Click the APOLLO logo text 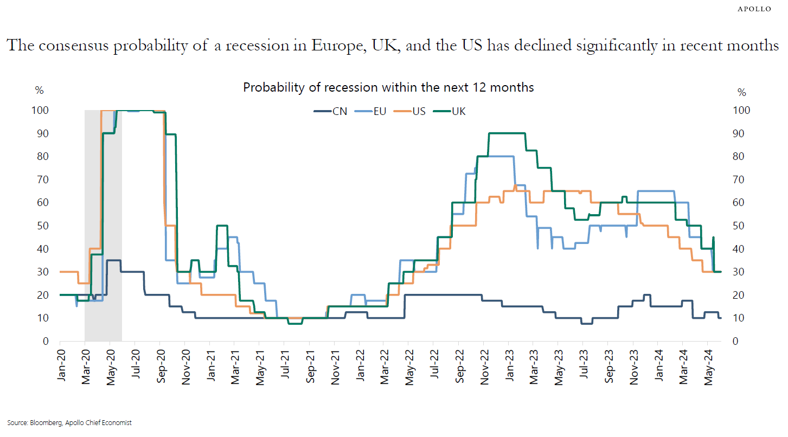[755, 9]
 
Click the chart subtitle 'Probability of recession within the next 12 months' [388, 87]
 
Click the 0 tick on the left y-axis [47, 341]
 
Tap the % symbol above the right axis [741, 91]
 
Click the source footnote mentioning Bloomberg [69, 422]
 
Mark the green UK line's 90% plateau [507, 133]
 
